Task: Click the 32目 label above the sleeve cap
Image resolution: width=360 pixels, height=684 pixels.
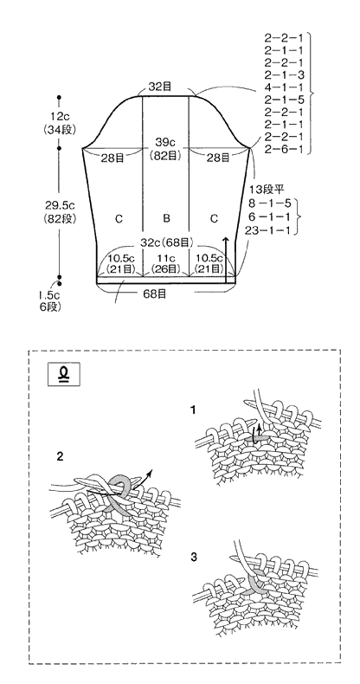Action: (x=160, y=87)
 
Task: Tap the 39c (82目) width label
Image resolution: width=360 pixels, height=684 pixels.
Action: (x=166, y=149)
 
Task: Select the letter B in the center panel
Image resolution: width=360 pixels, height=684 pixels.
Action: (x=166, y=218)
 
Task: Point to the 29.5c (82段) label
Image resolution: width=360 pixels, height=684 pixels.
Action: (x=60, y=212)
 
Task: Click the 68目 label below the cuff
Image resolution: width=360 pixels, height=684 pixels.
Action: (x=154, y=294)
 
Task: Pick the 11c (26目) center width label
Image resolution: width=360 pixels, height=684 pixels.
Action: (x=166, y=262)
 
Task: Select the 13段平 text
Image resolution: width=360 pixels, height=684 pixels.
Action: (x=267, y=190)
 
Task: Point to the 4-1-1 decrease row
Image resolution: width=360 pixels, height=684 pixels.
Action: (x=284, y=87)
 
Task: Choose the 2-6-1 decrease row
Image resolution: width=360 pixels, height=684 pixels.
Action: (x=284, y=149)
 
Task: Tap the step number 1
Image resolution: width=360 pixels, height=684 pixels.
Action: (x=193, y=410)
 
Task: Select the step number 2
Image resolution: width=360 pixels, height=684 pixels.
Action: (x=60, y=457)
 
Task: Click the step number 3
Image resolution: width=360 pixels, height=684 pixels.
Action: (x=194, y=557)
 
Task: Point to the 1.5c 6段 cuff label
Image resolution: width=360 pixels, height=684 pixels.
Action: (x=48, y=302)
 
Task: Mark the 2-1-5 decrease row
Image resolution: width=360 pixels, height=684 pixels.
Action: (x=284, y=100)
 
